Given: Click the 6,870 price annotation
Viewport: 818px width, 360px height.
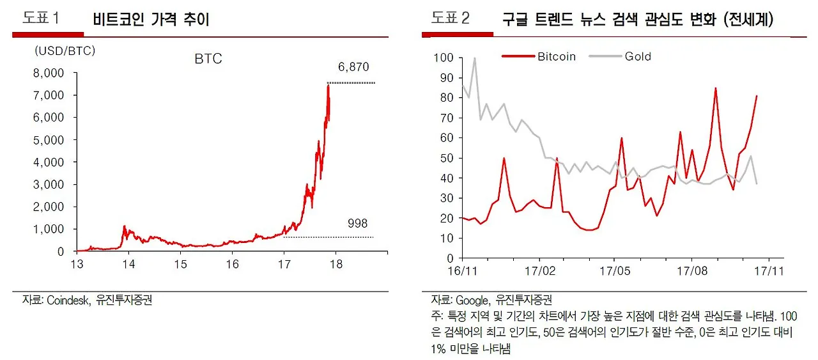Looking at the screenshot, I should coord(353,67).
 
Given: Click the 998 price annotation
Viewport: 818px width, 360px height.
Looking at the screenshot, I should coord(357,223).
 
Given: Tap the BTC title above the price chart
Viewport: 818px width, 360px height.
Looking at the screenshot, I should coord(208,59).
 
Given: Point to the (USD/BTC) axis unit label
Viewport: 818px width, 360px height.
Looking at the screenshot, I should coord(65,51).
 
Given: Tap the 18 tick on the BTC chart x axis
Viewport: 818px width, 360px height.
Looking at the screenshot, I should coord(336,264).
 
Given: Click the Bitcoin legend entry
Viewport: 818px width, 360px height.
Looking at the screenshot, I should coord(556,56).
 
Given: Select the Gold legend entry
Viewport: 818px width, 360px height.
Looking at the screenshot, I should coord(638,56).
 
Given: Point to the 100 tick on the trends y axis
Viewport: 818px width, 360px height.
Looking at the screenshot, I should coord(443,58).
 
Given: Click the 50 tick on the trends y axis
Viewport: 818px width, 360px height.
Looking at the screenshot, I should coord(446,158).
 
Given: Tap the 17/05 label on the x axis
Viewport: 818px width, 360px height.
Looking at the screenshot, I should coord(613,270).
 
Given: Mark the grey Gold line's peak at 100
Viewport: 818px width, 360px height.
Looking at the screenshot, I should coord(474,58).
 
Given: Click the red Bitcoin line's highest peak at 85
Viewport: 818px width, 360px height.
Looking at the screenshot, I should coord(715,88).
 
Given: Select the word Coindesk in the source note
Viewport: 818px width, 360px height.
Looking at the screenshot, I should coord(67,300).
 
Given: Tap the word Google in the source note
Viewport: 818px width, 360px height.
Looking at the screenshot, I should coord(472,300).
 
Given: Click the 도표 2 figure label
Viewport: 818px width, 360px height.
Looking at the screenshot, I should coord(450,19).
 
